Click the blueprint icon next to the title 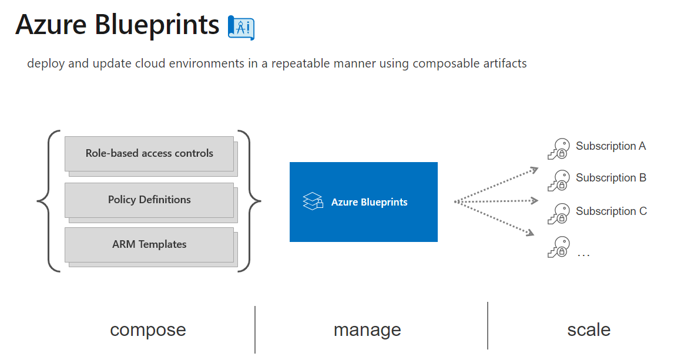[240, 27]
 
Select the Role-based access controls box [149, 154]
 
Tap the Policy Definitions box [149, 200]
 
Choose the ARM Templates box [149, 244]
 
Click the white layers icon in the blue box [313, 201]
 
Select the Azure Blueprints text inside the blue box [369, 202]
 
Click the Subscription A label [610, 146]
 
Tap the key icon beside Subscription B [558, 180]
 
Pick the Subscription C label [611, 211]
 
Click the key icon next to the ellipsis [558, 247]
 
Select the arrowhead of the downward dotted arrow [530, 233]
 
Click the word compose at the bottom [148, 330]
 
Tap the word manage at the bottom [367, 330]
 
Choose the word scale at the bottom [589, 330]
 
